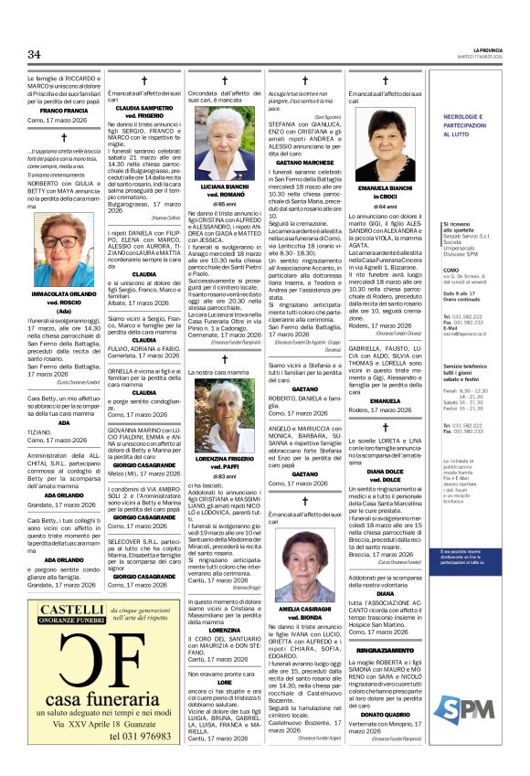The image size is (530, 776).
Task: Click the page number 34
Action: [x=35, y=55]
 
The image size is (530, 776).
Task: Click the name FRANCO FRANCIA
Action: [x=58, y=111]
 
